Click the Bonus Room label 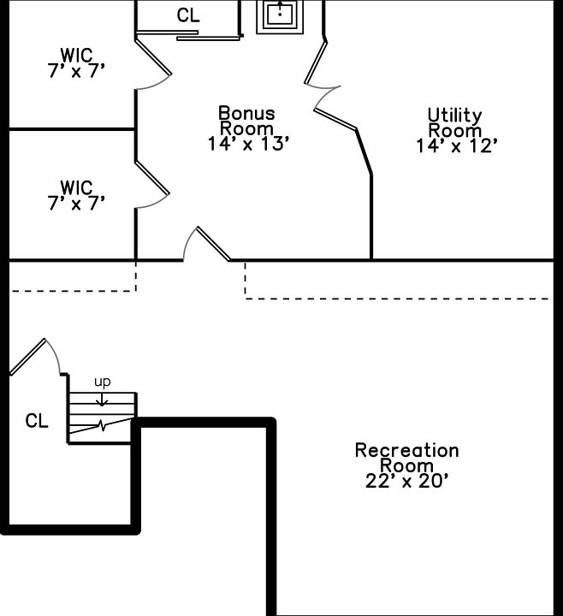[246, 121]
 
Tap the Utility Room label [455, 122]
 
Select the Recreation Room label [406, 457]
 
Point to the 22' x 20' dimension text [407, 481]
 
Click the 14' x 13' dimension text [248, 145]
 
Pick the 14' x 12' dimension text [456, 145]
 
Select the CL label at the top [188, 15]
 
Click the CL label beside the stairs [37, 420]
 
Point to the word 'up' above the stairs [102, 381]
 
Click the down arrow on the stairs [102, 397]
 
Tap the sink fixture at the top [280, 15]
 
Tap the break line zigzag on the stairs [102, 425]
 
